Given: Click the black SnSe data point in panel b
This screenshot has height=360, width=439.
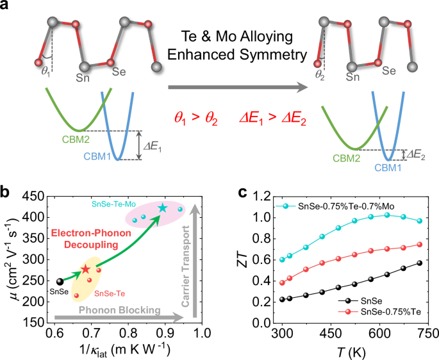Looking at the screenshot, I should pyautogui.click(x=60, y=281).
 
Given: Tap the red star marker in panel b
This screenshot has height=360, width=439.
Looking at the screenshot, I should pyautogui.click(x=85, y=269).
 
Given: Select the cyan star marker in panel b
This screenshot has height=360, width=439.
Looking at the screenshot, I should pyautogui.click(x=162, y=208).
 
